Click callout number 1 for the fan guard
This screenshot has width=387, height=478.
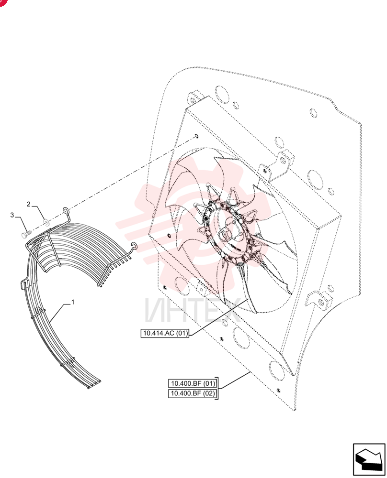73,302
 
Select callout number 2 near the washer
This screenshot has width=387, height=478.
29,204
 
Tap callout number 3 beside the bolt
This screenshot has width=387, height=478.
12,215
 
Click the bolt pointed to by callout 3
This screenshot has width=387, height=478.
26,234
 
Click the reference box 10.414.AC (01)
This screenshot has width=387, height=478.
165,333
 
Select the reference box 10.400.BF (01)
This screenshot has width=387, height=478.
193,383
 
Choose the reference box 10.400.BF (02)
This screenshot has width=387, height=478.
193,393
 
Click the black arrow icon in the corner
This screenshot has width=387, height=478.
369,459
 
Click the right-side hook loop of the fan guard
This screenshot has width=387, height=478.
134,245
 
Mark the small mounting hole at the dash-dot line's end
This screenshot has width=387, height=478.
196,136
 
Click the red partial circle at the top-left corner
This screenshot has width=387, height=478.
2,2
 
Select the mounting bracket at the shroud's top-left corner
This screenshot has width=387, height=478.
195,97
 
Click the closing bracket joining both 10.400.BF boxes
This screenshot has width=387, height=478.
217,388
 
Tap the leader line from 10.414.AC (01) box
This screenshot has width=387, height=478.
219,317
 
